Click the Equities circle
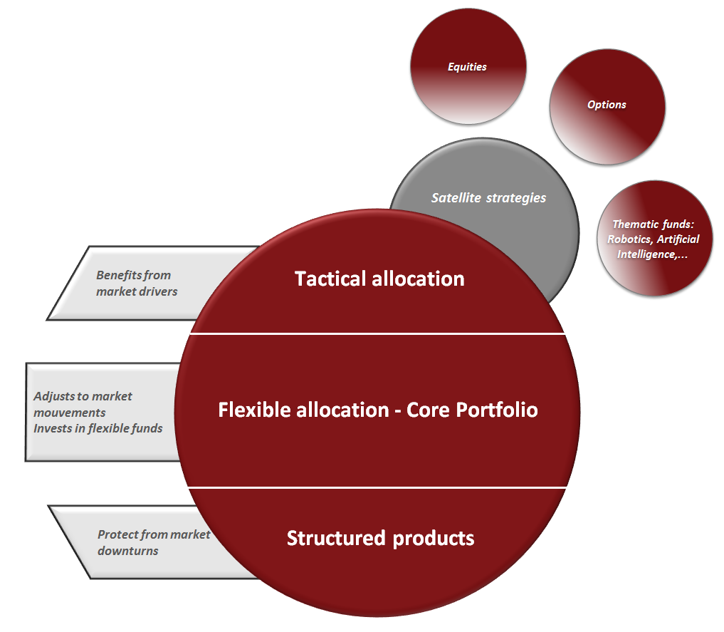click(x=468, y=66)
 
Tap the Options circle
click(x=607, y=107)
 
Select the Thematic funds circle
click(x=655, y=238)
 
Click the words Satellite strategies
click(x=488, y=198)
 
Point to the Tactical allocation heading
click(x=379, y=279)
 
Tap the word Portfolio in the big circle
click(x=497, y=410)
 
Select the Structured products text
click(x=380, y=538)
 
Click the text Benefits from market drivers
click(x=137, y=283)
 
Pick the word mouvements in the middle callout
click(x=69, y=413)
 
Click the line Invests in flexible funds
click(x=98, y=428)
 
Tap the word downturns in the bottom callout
click(x=128, y=551)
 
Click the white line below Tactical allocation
click(x=377, y=333)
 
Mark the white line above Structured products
click(x=377, y=487)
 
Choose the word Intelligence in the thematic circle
click(x=646, y=254)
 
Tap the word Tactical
click(x=330, y=279)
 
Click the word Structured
click(x=336, y=538)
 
